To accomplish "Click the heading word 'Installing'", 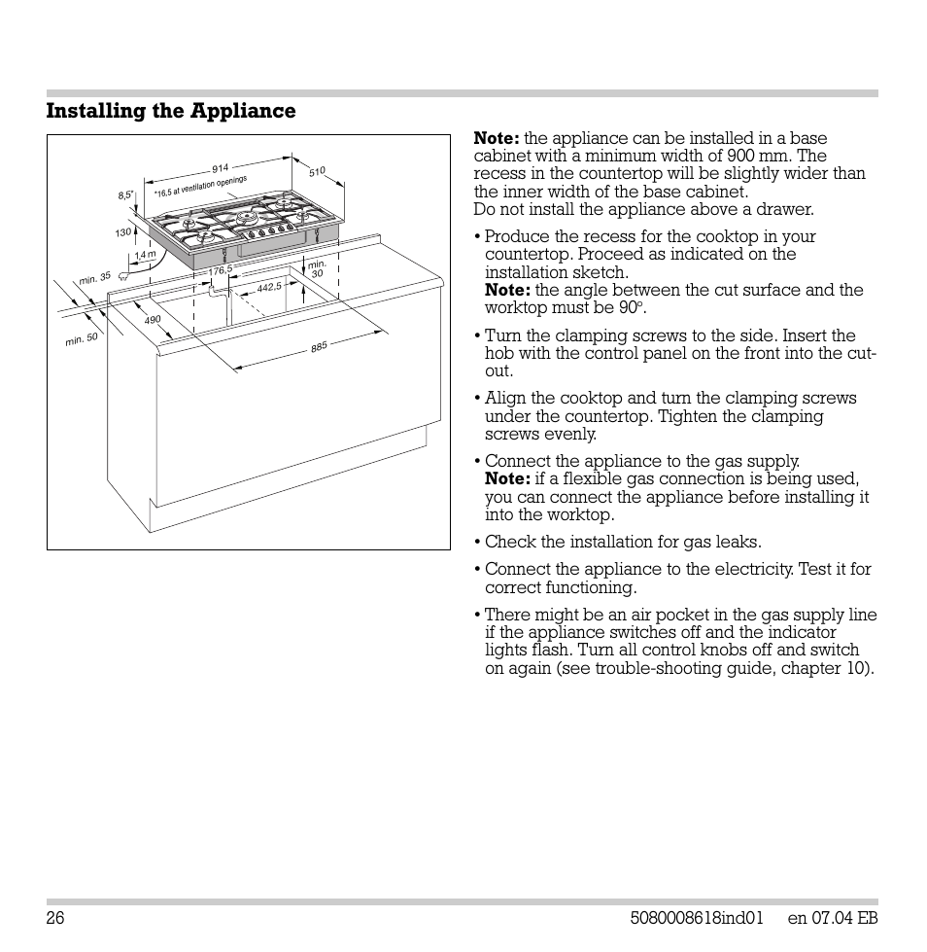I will tap(96, 111).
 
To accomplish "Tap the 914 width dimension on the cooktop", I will tap(220, 168).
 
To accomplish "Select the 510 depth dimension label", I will tap(317, 172).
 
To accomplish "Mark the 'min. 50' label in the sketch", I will tap(82, 339).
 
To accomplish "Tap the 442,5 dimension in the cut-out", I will tap(269, 287).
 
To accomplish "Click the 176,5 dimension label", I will tap(222, 269).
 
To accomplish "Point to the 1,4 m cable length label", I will tap(145, 255).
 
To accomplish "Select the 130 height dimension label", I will tap(122, 232).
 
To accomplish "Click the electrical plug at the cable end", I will tap(123, 276).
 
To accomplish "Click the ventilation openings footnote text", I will tap(201, 187).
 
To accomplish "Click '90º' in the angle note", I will tap(632, 307).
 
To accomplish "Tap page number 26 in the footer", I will tap(54, 919).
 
